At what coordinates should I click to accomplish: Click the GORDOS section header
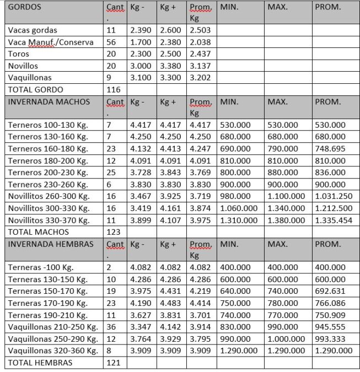pos(25,8)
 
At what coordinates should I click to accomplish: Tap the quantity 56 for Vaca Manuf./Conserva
pos(111,42)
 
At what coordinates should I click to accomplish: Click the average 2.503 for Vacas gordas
pos(200,30)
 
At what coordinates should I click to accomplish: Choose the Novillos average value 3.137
pos(200,66)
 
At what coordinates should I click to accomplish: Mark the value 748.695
pos(330,149)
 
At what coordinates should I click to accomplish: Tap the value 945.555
pos(330,327)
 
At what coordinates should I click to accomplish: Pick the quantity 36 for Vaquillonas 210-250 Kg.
pos(111,327)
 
